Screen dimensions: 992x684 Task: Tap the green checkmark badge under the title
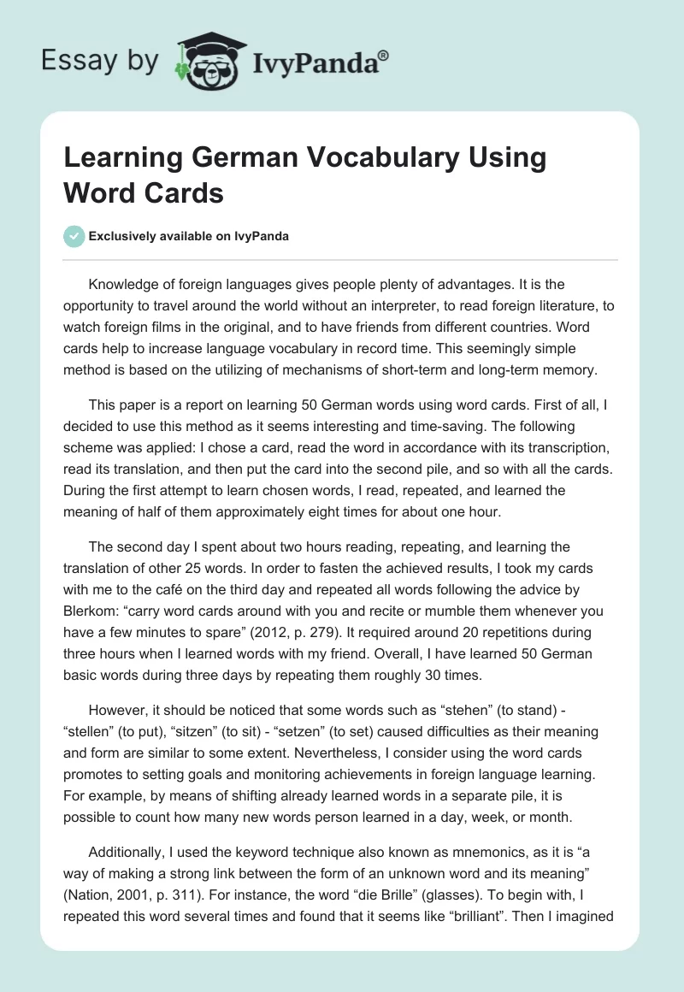pyautogui.click(x=74, y=236)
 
